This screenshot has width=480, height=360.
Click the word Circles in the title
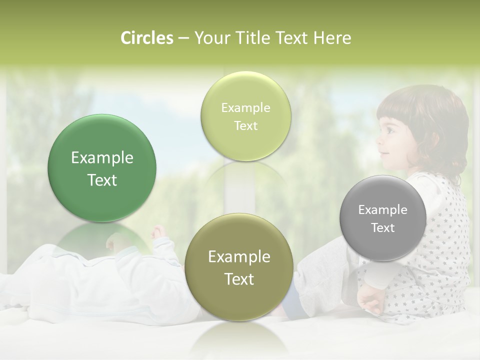(147, 38)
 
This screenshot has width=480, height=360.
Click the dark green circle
(102, 168)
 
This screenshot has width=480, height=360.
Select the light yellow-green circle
(245, 116)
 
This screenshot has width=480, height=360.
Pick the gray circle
(382, 218)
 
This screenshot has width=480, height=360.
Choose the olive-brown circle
(239, 267)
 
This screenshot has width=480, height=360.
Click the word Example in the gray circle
(382, 209)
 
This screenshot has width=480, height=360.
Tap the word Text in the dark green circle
(102, 180)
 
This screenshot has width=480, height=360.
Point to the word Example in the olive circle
(239, 256)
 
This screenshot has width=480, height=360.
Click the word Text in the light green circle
(245, 125)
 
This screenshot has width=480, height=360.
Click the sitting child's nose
(379, 141)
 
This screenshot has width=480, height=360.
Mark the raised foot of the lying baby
(158, 232)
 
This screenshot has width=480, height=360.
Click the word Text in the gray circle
(382, 227)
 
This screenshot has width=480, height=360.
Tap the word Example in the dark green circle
(102, 158)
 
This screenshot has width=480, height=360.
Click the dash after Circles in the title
(183, 38)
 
